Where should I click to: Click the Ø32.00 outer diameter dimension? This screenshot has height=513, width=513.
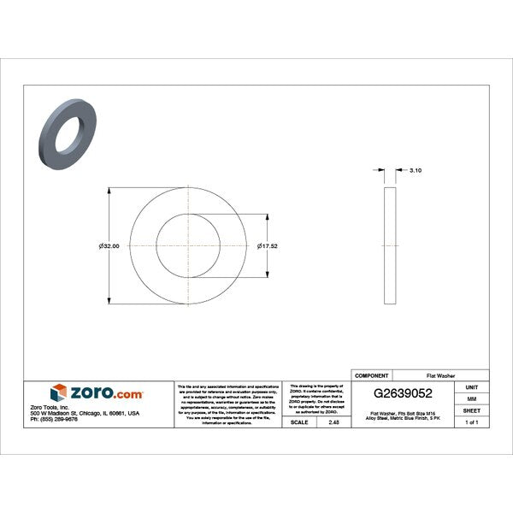(x=109, y=245)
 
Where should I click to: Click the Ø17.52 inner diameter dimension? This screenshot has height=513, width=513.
(x=269, y=245)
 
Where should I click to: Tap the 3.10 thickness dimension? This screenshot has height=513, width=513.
(x=416, y=171)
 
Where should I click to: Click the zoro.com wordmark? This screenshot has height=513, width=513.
(x=108, y=392)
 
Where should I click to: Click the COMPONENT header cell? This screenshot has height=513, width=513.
(x=372, y=374)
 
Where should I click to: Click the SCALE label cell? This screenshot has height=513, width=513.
(x=299, y=422)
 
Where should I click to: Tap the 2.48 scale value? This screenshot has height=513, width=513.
(x=333, y=422)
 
